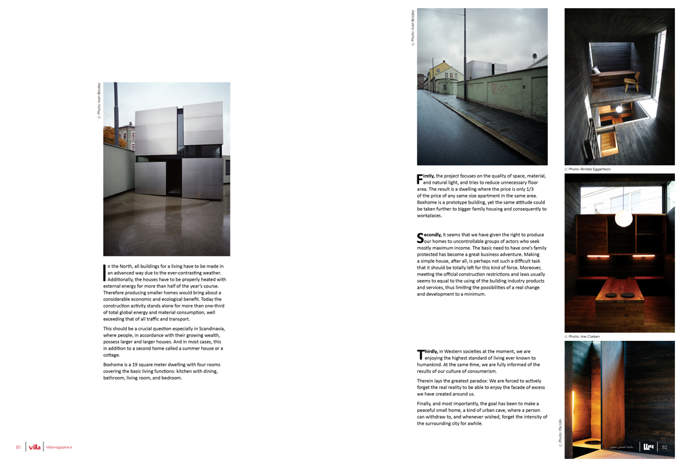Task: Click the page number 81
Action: coord(19,447)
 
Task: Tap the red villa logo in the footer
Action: coord(34,447)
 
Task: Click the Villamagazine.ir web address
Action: coord(58,447)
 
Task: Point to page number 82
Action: coord(664,447)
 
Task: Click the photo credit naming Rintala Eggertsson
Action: coord(589,170)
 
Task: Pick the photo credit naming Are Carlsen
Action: coord(584,337)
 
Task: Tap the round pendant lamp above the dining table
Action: coord(623,218)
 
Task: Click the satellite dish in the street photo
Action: coord(534,56)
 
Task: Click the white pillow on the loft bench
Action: coord(596,71)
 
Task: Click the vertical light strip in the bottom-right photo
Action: coord(573,410)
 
